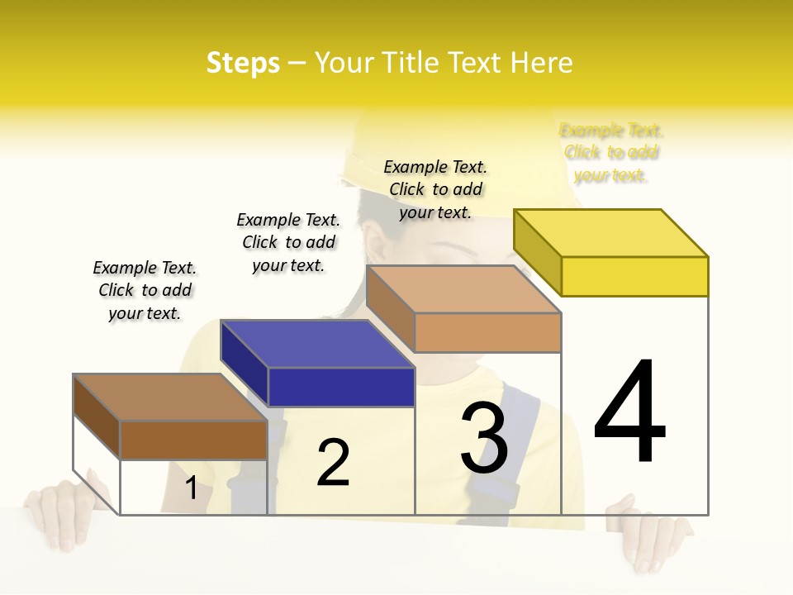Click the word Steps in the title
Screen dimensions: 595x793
tap(243, 63)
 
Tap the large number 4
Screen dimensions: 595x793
tap(630, 413)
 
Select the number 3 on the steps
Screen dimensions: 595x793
tap(484, 438)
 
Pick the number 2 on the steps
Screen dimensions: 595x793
tap(334, 463)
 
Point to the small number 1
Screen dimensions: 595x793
tap(192, 488)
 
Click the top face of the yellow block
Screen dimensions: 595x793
tap(611, 233)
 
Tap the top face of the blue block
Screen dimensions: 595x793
tap(318, 343)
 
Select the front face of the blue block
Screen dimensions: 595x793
tap(341, 387)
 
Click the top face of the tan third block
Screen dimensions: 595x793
tap(464, 289)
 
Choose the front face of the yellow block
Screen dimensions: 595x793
tap(634, 276)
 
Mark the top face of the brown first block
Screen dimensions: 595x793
tap(170, 397)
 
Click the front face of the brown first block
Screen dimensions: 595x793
tap(193, 440)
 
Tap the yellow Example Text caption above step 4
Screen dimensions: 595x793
tap(611, 153)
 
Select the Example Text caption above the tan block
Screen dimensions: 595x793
tap(435, 189)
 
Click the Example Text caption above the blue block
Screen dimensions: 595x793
tap(288, 242)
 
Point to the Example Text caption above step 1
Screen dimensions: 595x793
tap(145, 290)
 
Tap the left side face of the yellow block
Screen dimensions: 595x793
tap(538, 251)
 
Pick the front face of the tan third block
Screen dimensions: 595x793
tap(487, 332)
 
